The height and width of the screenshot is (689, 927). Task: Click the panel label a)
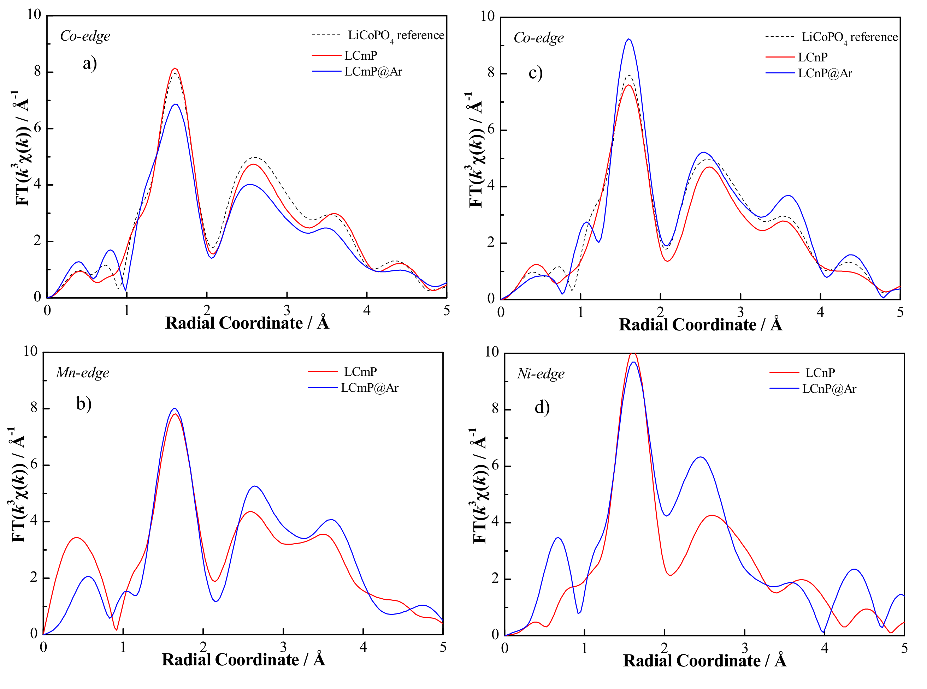pyautogui.click(x=90, y=64)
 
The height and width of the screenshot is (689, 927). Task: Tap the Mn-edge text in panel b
pyautogui.click(x=83, y=372)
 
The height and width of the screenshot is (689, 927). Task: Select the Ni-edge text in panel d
pyautogui.click(x=541, y=374)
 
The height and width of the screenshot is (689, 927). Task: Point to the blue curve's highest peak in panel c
pyautogui.click(x=628, y=39)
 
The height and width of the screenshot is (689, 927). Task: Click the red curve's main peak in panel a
pyautogui.click(x=175, y=68)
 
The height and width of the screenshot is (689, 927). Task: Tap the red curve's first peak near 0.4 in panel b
pyautogui.click(x=76, y=538)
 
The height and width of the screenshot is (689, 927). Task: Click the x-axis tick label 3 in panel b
pyautogui.click(x=283, y=647)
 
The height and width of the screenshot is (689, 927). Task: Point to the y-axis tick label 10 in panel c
pyautogui.click(x=488, y=17)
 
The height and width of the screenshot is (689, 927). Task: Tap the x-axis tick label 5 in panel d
pyautogui.click(x=904, y=648)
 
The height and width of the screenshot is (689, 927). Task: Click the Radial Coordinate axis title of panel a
pyautogui.click(x=247, y=323)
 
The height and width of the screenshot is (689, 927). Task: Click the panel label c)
pyautogui.click(x=536, y=73)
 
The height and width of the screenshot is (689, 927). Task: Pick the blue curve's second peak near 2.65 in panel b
pyautogui.click(x=255, y=486)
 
